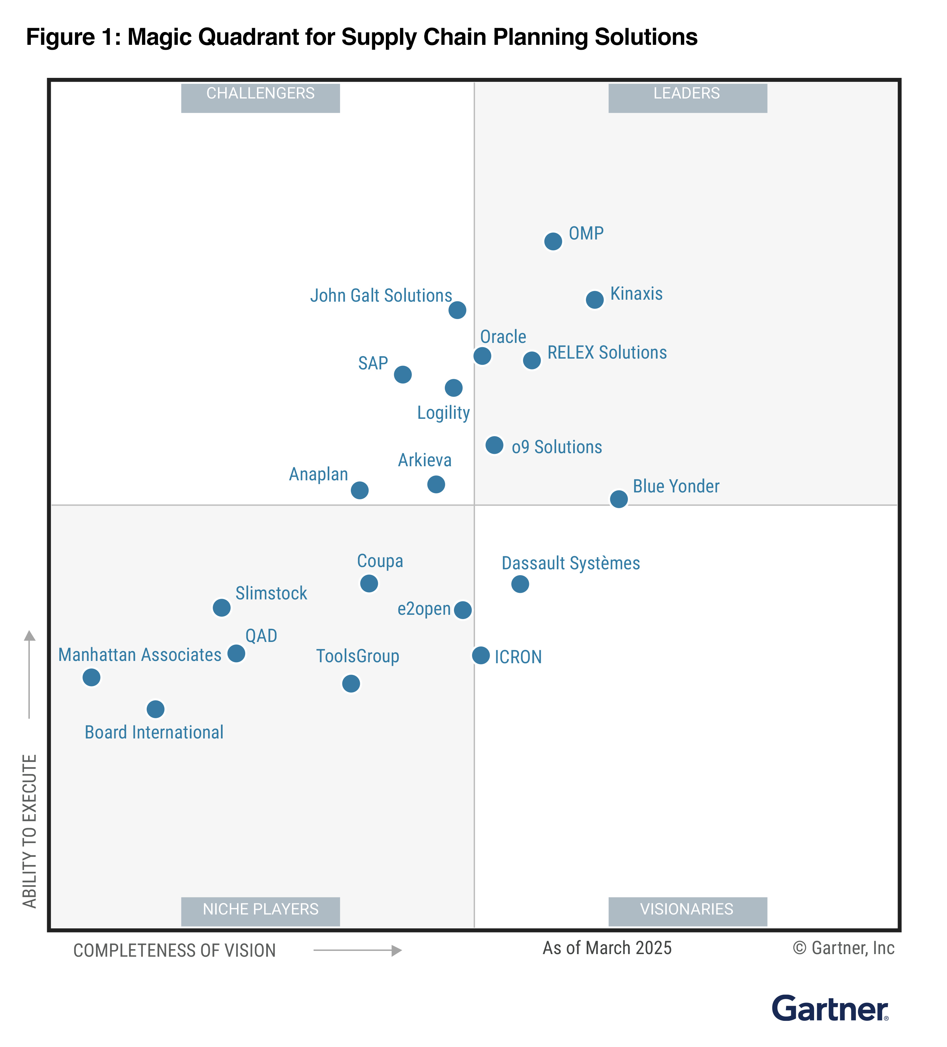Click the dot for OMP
click(x=553, y=241)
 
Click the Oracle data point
click(x=482, y=355)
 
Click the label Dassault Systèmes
click(x=570, y=563)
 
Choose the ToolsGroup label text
click(x=357, y=656)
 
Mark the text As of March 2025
click(x=607, y=948)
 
